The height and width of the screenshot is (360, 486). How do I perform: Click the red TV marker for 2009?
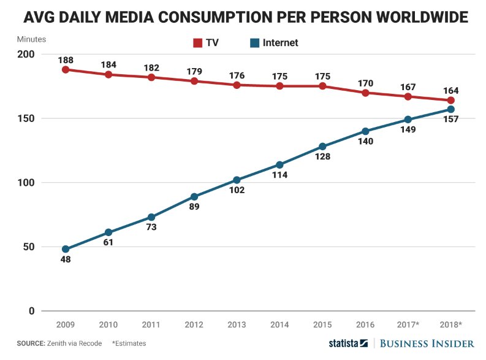click(x=66, y=70)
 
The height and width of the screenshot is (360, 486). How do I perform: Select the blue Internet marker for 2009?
click(x=66, y=249)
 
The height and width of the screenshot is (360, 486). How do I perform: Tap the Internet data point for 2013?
click(x=237, y=180)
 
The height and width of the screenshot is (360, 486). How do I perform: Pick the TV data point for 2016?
click(x=365, y=93)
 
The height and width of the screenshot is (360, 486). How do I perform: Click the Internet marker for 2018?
click(x=451, y=109)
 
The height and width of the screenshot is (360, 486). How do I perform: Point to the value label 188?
click(x=66, y=60)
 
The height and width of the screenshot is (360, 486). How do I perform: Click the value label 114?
click(x=279, y=175)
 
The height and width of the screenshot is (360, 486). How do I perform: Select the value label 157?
click(x=450, y=119)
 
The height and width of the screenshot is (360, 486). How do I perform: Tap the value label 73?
click(x=151, y=227)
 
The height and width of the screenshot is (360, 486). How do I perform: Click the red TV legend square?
click(x=198, y=43)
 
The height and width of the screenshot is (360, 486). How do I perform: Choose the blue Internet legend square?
click(x=254, y=43)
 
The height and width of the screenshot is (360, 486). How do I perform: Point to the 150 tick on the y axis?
click(x=26, y=118)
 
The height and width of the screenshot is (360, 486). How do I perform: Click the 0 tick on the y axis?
click(x=32, y=311)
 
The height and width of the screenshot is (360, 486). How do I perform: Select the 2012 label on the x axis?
click(x=194, y=324)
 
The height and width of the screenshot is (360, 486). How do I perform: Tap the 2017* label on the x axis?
click(x=408, y=324)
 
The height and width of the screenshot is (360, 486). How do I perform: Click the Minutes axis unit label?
click(x=31, y=39)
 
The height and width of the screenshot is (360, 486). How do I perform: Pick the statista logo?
click(x=348, y=343)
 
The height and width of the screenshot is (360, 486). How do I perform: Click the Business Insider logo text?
click(x=427, y=343)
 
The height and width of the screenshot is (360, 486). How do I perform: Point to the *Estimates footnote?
click(x=129, y=343)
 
